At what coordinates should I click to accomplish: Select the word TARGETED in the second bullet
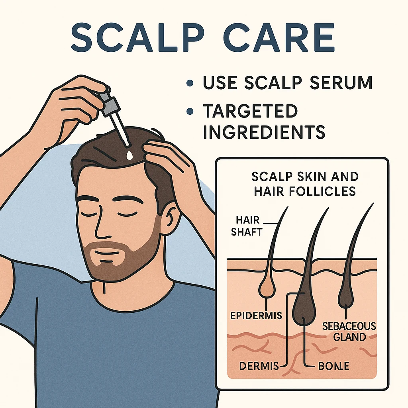(250, 112)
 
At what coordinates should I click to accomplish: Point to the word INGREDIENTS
(264, 132)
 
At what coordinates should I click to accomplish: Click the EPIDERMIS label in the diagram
(256, 316)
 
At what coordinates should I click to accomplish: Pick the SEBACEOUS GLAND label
(349, 331)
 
